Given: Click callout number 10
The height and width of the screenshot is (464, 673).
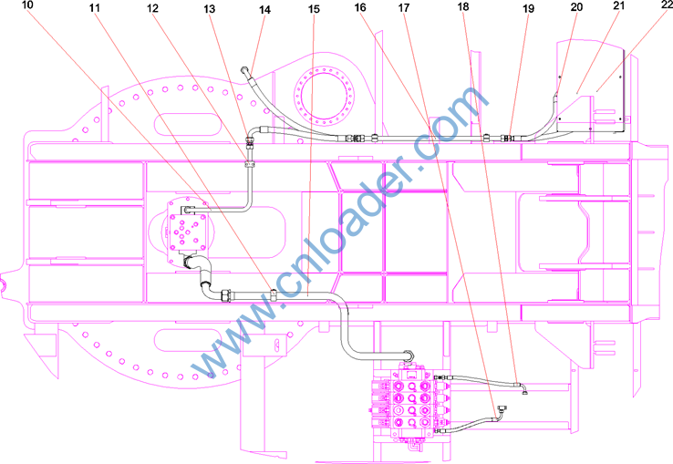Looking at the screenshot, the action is (x=27, y=5).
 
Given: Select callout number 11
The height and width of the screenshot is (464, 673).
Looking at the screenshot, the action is (x=95, y=7).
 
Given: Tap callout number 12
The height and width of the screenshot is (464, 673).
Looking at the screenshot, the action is (x=153, y=8).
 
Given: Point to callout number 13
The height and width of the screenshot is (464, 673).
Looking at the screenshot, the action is (x=210, y=8).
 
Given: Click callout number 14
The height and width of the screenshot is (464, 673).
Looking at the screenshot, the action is (x=264, y=9).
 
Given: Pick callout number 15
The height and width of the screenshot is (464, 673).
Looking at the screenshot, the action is (x=315, y=9).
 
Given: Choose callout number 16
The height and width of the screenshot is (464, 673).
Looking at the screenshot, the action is (x=360, y=7).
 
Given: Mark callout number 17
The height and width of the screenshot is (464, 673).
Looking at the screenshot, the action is (x=404, y=7).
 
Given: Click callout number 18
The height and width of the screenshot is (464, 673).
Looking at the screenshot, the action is (x=463, y=7).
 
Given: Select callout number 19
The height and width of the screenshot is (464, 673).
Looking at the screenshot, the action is (x=528, y=8).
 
